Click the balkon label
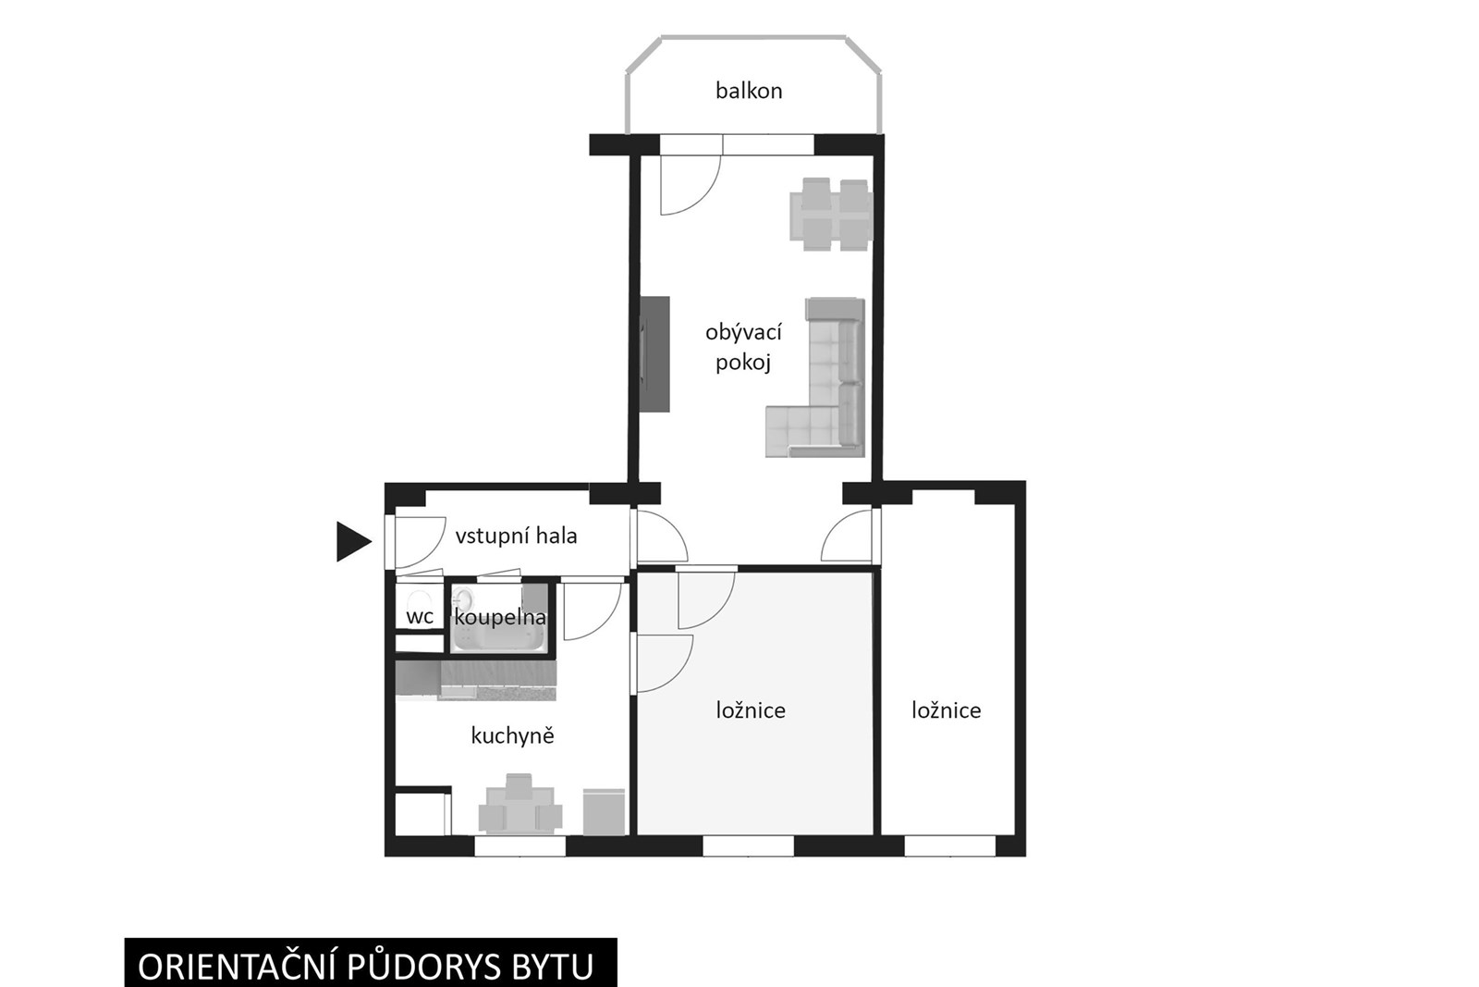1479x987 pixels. [x=749, y=91]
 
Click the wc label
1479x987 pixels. [x=420, y=617]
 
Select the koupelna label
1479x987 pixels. [x=500, y=618]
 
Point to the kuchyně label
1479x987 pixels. [x=512, y=735]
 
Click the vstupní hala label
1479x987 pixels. [x=517, y=535]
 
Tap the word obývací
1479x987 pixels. [x=743, y=332]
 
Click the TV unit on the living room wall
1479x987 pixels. [x=655, y=353]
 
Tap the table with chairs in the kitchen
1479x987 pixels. [x=519, y=803]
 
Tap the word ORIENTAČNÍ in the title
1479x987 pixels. [x=238, y=968]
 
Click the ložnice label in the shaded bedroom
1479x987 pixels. [x=751, y=710]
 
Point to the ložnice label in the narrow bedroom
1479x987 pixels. [x=947, y=710]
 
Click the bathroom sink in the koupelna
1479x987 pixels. [x=463, y=599]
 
